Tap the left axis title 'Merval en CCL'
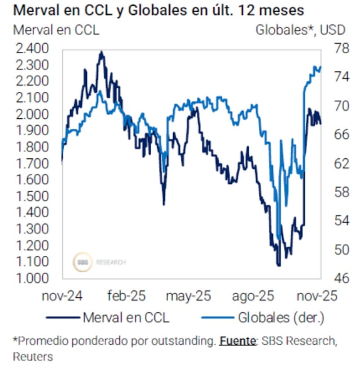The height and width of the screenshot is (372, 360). point(56,30)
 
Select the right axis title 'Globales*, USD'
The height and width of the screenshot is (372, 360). point(300,30)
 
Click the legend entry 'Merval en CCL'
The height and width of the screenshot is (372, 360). point(126,318)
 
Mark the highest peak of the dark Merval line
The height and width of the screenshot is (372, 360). point(101,52)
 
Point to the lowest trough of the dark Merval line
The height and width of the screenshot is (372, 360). point(279,265)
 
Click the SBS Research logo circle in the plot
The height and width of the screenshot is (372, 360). point(83,262)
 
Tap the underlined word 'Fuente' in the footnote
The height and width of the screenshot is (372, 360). point(237,341)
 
